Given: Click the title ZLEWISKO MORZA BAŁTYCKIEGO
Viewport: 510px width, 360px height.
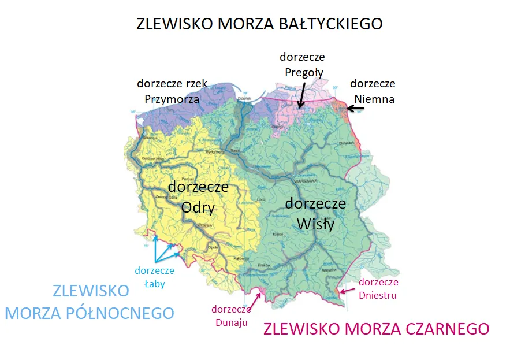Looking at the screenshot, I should [259, 24].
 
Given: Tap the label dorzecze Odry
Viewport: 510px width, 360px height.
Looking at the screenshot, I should [198, 196].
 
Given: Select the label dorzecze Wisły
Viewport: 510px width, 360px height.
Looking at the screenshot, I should [315, 213].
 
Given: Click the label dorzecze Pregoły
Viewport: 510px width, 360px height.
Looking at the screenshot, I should [302, 64].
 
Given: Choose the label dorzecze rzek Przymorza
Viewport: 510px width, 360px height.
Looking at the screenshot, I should [172, 91].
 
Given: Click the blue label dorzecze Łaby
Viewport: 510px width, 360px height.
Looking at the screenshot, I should [154, 276].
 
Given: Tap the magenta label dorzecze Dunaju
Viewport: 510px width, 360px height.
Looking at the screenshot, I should [230, 316].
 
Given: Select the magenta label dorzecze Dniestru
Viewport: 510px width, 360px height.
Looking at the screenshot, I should [378, 288].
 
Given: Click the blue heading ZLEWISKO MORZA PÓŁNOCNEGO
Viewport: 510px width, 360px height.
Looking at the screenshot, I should [90, 301].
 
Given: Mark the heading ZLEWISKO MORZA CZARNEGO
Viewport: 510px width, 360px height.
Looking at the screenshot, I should [376, 329].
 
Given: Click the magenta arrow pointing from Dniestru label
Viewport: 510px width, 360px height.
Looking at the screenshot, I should [348, 288].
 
